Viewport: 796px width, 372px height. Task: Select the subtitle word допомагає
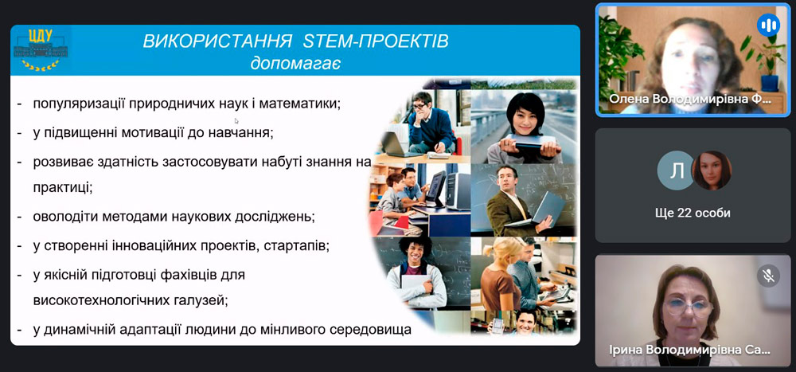[x=295, y=63]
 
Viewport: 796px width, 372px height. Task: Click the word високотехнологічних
[x=99, y=300]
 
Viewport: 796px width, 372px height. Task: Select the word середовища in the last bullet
[x=365, y=329]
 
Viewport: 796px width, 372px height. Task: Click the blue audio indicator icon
[x=768, y=25]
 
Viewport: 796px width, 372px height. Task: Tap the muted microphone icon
[x=768, y=276]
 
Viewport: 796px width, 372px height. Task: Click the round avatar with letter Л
[x=677, y=170]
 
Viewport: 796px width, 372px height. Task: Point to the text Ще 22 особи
[x=693, y=213]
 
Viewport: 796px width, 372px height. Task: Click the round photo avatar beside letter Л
[x=711, y=170]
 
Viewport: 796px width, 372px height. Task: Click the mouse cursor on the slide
[x=236, y=120]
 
